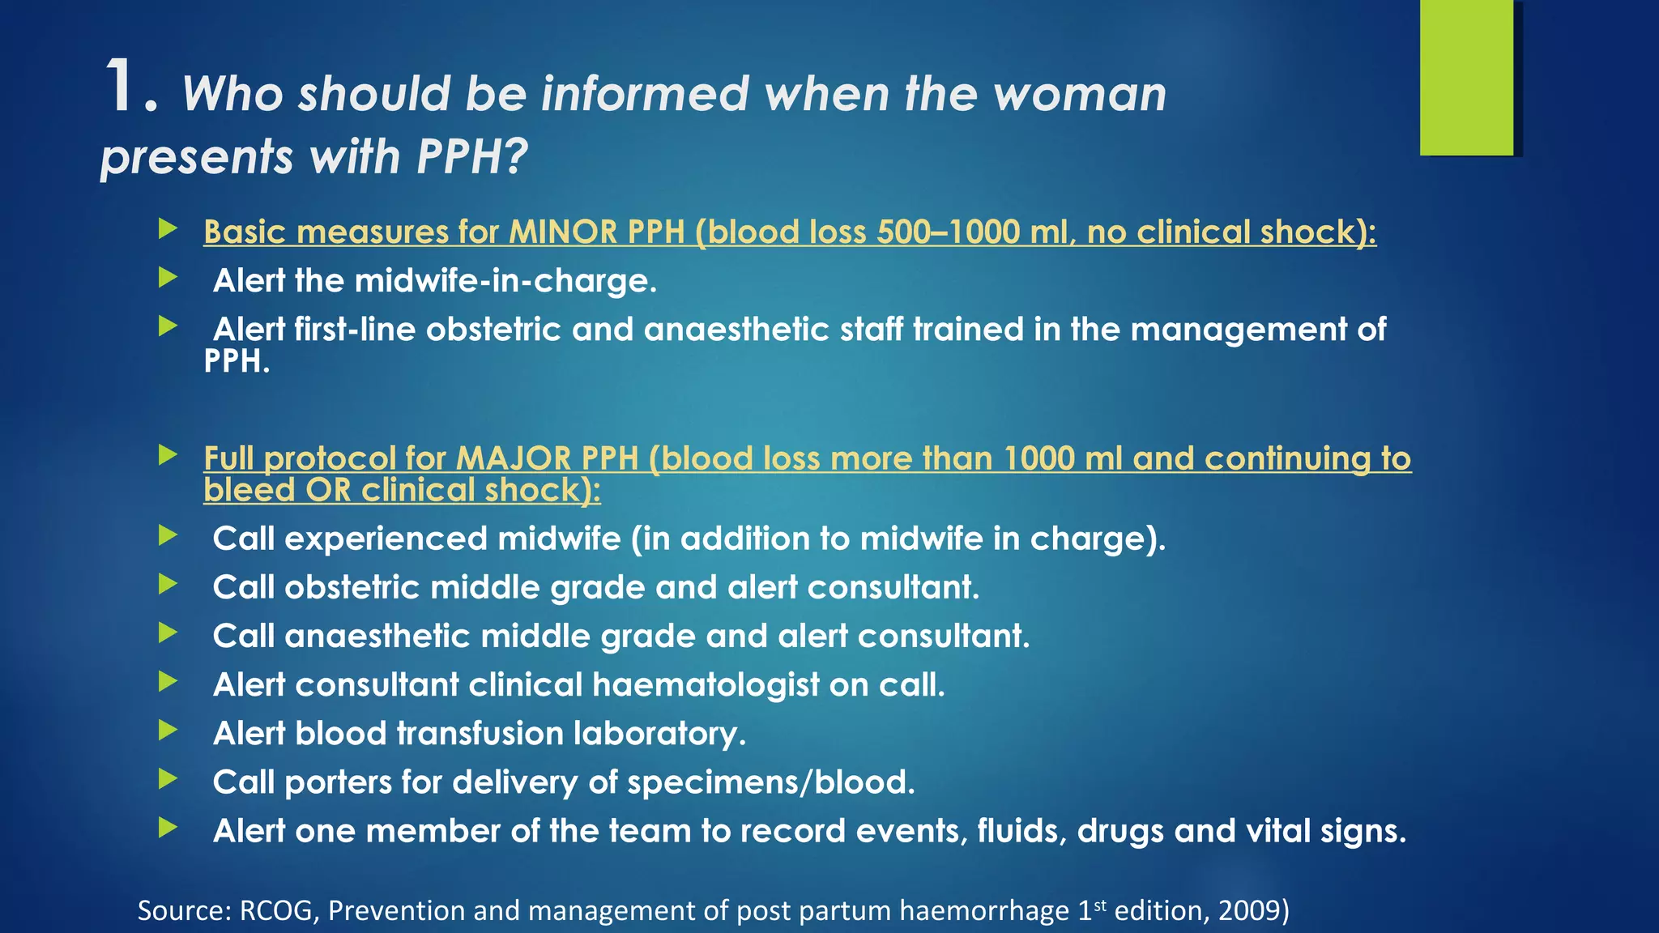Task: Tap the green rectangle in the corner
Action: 1466,77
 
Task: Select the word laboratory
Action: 659,734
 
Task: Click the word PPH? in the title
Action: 472,156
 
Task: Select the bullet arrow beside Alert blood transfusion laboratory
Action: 168,731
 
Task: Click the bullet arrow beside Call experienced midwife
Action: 168,535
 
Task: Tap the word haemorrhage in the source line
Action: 983,911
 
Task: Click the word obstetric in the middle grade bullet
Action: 352,588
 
